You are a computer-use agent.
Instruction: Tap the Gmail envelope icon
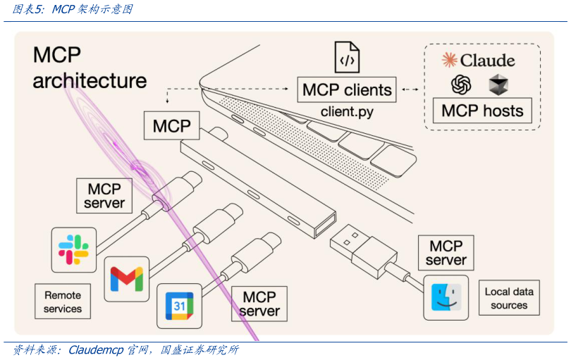[127, 278]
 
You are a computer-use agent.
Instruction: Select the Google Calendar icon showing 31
[179, 306]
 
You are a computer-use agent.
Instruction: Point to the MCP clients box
[346, 90]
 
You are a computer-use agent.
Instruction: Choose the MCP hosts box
[482, 111]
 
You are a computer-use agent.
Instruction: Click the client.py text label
[347, 111]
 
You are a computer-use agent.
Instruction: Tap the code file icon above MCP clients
[346, 58]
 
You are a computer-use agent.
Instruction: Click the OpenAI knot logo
[461, 85]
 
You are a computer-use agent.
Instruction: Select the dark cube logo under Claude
[498, 85]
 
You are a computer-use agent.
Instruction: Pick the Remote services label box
[63, 302]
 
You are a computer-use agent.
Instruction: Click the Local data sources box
[509, 298]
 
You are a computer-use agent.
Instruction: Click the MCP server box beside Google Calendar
[259, 303]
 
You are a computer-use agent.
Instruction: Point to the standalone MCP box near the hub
[172, 126]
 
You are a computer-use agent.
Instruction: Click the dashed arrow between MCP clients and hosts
[410, 90]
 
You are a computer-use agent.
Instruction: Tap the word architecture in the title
[90, 80]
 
